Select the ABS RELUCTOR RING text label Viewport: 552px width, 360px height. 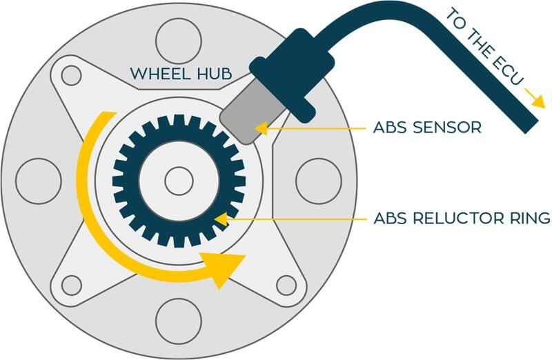pos(462,219)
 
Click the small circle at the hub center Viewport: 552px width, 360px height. pos(179,181)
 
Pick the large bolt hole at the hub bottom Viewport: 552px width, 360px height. pos(178,322)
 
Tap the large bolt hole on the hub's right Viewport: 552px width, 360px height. pos(319,181)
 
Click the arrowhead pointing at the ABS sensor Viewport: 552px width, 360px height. pos(262,128)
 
